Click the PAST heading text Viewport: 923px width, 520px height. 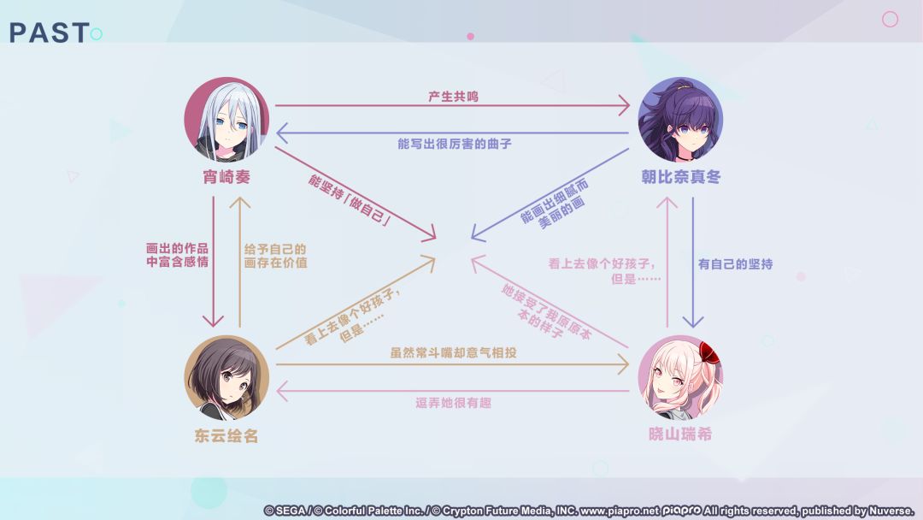[x=50, y=33]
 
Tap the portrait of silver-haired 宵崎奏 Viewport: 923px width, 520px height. [x=226, y=120]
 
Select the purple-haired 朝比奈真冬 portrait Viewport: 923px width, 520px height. [x=680, y=120]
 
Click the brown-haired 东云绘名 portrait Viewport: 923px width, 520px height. [x=226, y=378]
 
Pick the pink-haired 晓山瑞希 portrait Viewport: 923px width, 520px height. [x=680, y=378]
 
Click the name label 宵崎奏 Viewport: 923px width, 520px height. [x=226, y=177]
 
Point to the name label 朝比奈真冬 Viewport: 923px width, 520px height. [x=681, y=177]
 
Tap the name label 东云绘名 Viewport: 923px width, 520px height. [x=226, y=436]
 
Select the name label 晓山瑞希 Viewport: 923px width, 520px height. [x=680, y=434]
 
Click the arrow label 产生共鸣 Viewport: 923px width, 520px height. [x=453, y=97]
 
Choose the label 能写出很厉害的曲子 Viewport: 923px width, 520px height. [x=455, y=144]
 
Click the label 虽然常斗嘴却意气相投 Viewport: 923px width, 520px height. [x=453, y=352]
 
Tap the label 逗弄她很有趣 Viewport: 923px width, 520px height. [x=453, y=403]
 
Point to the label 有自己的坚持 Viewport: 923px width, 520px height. [x=735, y=264]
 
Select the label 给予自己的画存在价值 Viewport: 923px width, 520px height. [x=275, y=256]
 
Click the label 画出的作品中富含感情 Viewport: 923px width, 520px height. [x=177, y=255]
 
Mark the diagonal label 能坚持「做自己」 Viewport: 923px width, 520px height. [x=349, y=200]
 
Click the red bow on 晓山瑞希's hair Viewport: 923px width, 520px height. [x=710, y=352]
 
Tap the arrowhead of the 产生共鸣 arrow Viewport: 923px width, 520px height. [x=624, y=106]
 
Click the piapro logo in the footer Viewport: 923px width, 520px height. [x=682, y=511]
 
